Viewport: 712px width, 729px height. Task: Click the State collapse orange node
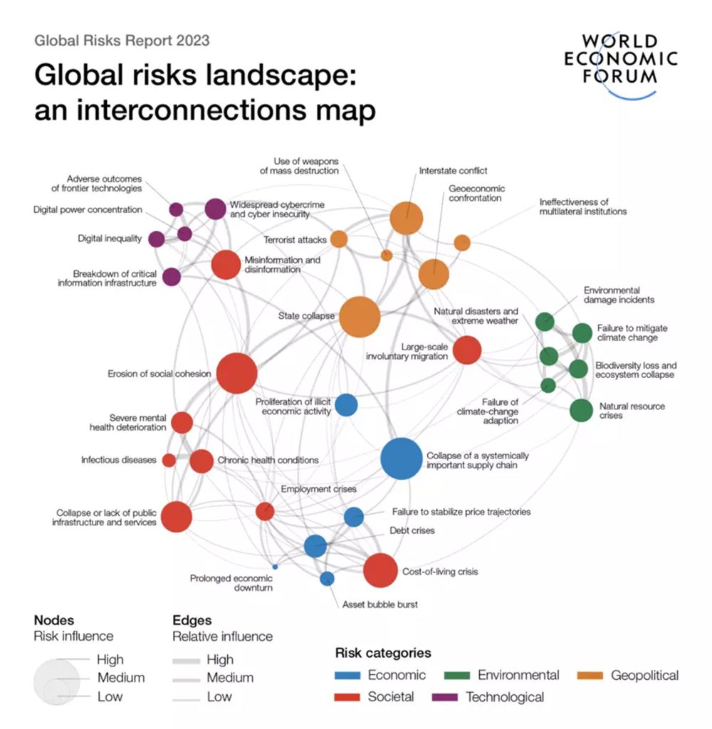click(360, 317)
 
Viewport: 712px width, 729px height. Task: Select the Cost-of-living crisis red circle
click(379, 570)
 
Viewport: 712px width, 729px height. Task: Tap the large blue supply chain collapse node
click(401, 458)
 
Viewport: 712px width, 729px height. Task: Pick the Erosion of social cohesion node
click(236, 373)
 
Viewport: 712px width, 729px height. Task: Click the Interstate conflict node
click(407, 217)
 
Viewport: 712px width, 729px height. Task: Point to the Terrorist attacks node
click(339, 239)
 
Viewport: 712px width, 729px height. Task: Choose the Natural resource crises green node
click(581, 411)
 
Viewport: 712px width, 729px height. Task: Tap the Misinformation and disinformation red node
click(226, 265)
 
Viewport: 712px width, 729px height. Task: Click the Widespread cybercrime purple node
click(215, 209)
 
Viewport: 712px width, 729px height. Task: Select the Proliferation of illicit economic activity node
click(346, 405)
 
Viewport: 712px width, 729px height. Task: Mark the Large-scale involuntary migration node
click(467, 350)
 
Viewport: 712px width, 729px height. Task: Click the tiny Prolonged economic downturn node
click(275, 567)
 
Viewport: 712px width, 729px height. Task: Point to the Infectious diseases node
click(169, 460)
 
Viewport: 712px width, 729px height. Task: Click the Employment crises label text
click(318, 489)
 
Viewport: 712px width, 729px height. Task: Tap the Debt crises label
click(412, 530)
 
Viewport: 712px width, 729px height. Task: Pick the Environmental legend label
click(518, 676)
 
